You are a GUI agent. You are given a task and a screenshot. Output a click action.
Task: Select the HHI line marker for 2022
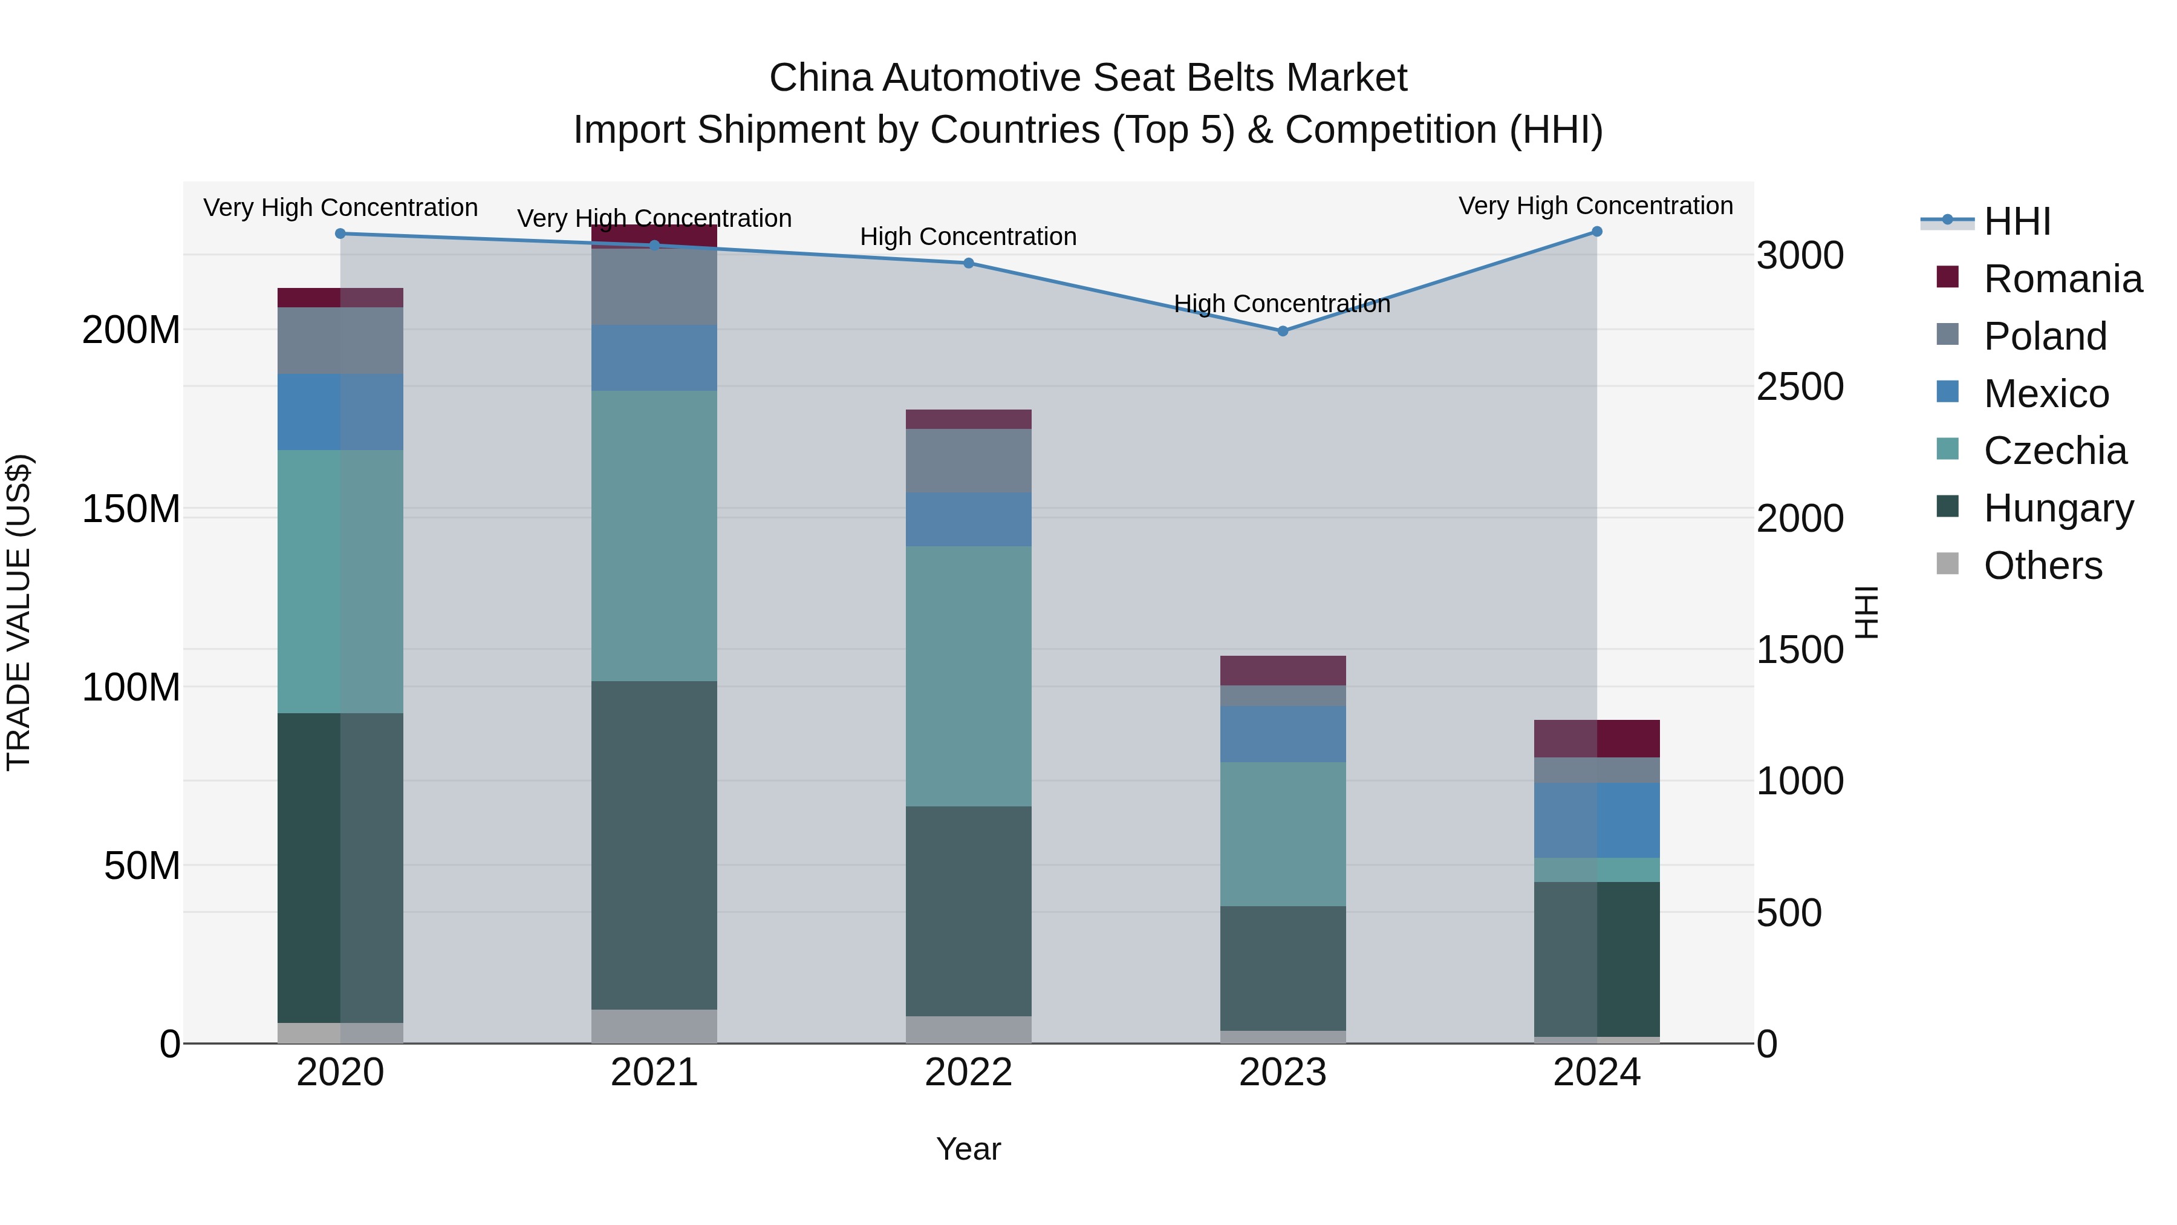[969, 263]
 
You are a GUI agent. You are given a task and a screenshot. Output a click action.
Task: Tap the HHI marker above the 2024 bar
[1596, 232]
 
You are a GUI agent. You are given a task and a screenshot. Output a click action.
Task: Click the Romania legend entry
[2062, 279]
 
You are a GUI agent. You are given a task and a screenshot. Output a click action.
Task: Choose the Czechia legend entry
[2054, 451]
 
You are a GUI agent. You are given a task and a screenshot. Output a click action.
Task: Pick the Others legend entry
[2042, 566]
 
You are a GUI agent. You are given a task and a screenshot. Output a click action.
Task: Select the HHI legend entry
[2016, 221]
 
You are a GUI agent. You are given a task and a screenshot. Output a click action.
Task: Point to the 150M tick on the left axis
[131, 509]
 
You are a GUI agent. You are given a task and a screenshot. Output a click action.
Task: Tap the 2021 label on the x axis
[654, 1073]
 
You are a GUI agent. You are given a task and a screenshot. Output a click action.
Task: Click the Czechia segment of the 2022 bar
[969, 676]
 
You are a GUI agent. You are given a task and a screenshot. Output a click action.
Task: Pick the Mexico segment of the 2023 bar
[1282, 734]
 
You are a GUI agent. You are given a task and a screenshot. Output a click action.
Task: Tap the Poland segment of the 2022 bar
[969, 461]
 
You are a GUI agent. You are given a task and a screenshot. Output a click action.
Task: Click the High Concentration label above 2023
[1281, 304]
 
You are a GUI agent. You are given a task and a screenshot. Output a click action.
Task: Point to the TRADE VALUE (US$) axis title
[19, 612]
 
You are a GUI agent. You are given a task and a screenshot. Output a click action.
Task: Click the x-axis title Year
[969, 1149]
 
